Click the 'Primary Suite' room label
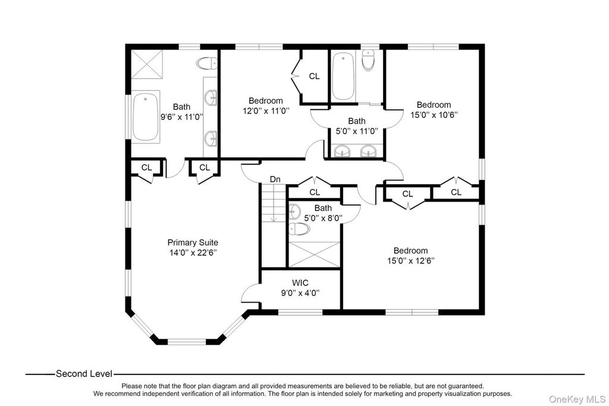[192, 243]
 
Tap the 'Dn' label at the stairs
[275, 179]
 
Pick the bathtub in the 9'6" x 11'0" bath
[145, 117]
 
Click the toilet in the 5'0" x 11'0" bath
[369, 61]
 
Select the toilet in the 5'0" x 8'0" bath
[296, 228]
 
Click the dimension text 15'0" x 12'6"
[410, 261]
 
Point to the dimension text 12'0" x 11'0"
[265, 111]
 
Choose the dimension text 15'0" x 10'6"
[433, 115]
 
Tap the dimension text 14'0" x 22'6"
[192, 253]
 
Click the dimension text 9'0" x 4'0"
[300, 292]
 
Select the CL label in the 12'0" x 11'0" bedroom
[314, 76]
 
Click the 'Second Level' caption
[83, 374]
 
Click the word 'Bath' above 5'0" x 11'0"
[357, 121]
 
